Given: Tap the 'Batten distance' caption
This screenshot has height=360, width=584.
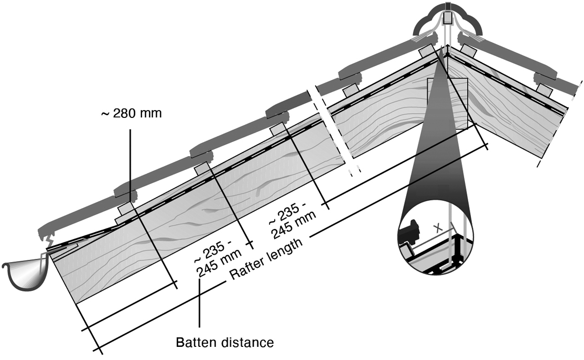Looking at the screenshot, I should pos(224,343).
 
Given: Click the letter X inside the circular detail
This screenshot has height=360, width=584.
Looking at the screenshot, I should pos(438,228).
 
